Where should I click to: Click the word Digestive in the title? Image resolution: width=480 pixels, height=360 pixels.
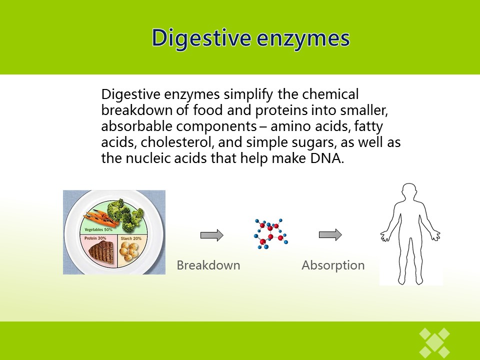pos(201,38)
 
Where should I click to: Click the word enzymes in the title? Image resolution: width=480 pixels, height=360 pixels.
pos(303,39)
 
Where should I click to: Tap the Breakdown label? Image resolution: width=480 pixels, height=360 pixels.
pos(208,265)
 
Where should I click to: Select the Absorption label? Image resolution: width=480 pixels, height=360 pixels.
pos(333,265)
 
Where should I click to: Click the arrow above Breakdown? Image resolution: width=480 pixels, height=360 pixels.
pos(212,235)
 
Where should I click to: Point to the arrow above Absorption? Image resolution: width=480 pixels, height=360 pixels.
pos(330,235)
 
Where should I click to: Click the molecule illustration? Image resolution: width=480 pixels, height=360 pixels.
pos(270,233)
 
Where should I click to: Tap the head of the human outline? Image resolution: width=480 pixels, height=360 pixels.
pos(409,193)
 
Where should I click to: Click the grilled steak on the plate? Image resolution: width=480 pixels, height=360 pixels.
pos(101,251)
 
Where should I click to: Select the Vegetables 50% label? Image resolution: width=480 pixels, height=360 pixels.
pos(98,229)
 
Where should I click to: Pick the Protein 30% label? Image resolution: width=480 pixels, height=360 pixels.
pos(95,238)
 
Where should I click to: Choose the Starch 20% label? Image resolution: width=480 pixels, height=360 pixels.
pos(131,238)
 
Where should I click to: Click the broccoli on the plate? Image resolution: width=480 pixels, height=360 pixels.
pos(126,215)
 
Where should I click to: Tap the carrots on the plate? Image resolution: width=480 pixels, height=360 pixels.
pos(99,216)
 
